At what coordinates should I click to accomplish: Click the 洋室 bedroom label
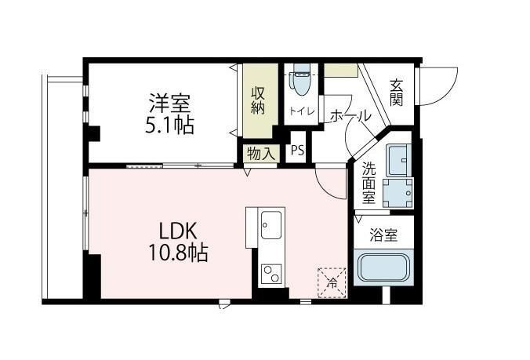coord(169,104)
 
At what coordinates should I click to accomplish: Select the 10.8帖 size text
coord(178,253)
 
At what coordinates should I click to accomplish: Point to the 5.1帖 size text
coord(169,125)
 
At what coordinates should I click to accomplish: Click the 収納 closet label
coord(258,100)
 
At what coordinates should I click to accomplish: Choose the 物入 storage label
coord(260,154)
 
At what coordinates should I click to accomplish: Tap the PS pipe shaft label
coord(297,150)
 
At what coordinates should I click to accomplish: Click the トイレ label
coord(302,111)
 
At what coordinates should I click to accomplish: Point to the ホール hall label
coord(350,116)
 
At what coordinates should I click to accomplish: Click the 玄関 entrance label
coord(396,93)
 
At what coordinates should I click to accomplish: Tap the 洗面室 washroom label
coord(368,183)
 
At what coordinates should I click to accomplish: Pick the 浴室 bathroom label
coord(383,235)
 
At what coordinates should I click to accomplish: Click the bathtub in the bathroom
coord(383,267)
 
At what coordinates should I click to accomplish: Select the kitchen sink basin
coord(271,225)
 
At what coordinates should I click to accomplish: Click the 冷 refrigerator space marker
coord(332,282)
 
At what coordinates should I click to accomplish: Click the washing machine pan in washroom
coord(397,193)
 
